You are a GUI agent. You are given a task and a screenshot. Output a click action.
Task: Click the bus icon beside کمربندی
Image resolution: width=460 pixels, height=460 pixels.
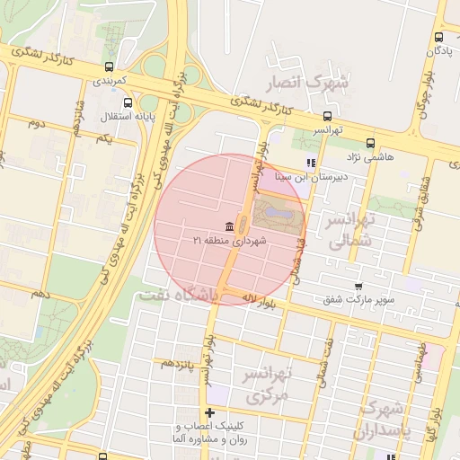pos(109,66)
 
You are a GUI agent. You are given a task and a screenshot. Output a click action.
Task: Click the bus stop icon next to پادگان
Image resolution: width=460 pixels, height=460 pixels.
pos(438,38)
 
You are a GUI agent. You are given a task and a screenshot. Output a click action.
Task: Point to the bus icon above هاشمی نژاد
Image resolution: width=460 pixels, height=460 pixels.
pos(370,143)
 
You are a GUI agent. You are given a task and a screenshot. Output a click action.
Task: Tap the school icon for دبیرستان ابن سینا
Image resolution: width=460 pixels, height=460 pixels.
pos(310,163)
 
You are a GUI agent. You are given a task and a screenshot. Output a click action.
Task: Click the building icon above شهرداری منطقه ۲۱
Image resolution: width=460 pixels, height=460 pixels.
pos(230,225)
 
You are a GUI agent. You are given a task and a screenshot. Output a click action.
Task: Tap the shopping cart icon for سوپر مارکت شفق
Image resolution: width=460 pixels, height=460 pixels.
pos(359,286)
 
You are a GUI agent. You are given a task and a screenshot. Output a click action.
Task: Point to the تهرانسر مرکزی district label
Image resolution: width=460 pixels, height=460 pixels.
pos(270,384)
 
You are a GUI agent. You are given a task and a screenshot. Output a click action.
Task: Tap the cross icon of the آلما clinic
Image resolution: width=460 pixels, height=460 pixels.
pos(210,412)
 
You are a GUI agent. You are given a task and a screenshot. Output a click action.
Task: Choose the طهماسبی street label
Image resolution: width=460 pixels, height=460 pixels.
pos(419,358)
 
